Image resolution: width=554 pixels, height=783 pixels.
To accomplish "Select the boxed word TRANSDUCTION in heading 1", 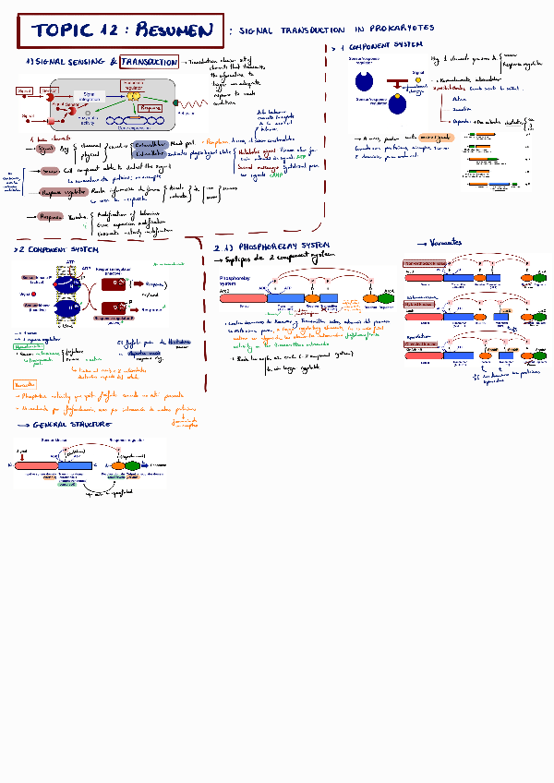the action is pos(149,62).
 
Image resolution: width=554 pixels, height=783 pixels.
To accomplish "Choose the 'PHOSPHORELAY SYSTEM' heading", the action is pos(277,247).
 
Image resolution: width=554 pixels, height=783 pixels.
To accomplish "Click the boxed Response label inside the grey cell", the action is pos(149,108).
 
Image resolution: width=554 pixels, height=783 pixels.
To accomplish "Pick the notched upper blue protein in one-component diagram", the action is pos(366,81).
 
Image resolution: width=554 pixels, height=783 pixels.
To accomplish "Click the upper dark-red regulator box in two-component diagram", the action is pos(114,285).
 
